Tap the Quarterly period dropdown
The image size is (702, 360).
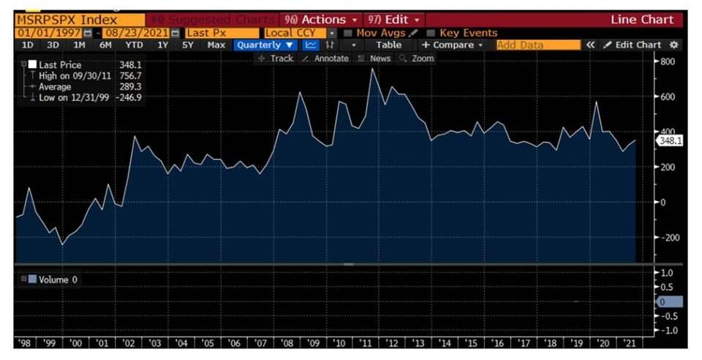tap(265, 45)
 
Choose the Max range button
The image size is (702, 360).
tap(216, 45)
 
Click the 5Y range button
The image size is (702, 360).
tap(188, 45)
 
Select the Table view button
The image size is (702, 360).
tap(389, 45)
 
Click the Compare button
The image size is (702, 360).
tap(453, 45)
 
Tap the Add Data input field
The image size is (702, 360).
tap(537, 45)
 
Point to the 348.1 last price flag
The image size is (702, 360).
tap(669, 140)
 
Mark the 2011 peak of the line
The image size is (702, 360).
tap(373, 69)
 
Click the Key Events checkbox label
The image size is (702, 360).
tap(467, 33)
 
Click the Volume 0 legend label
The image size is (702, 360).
tap(53, 279)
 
